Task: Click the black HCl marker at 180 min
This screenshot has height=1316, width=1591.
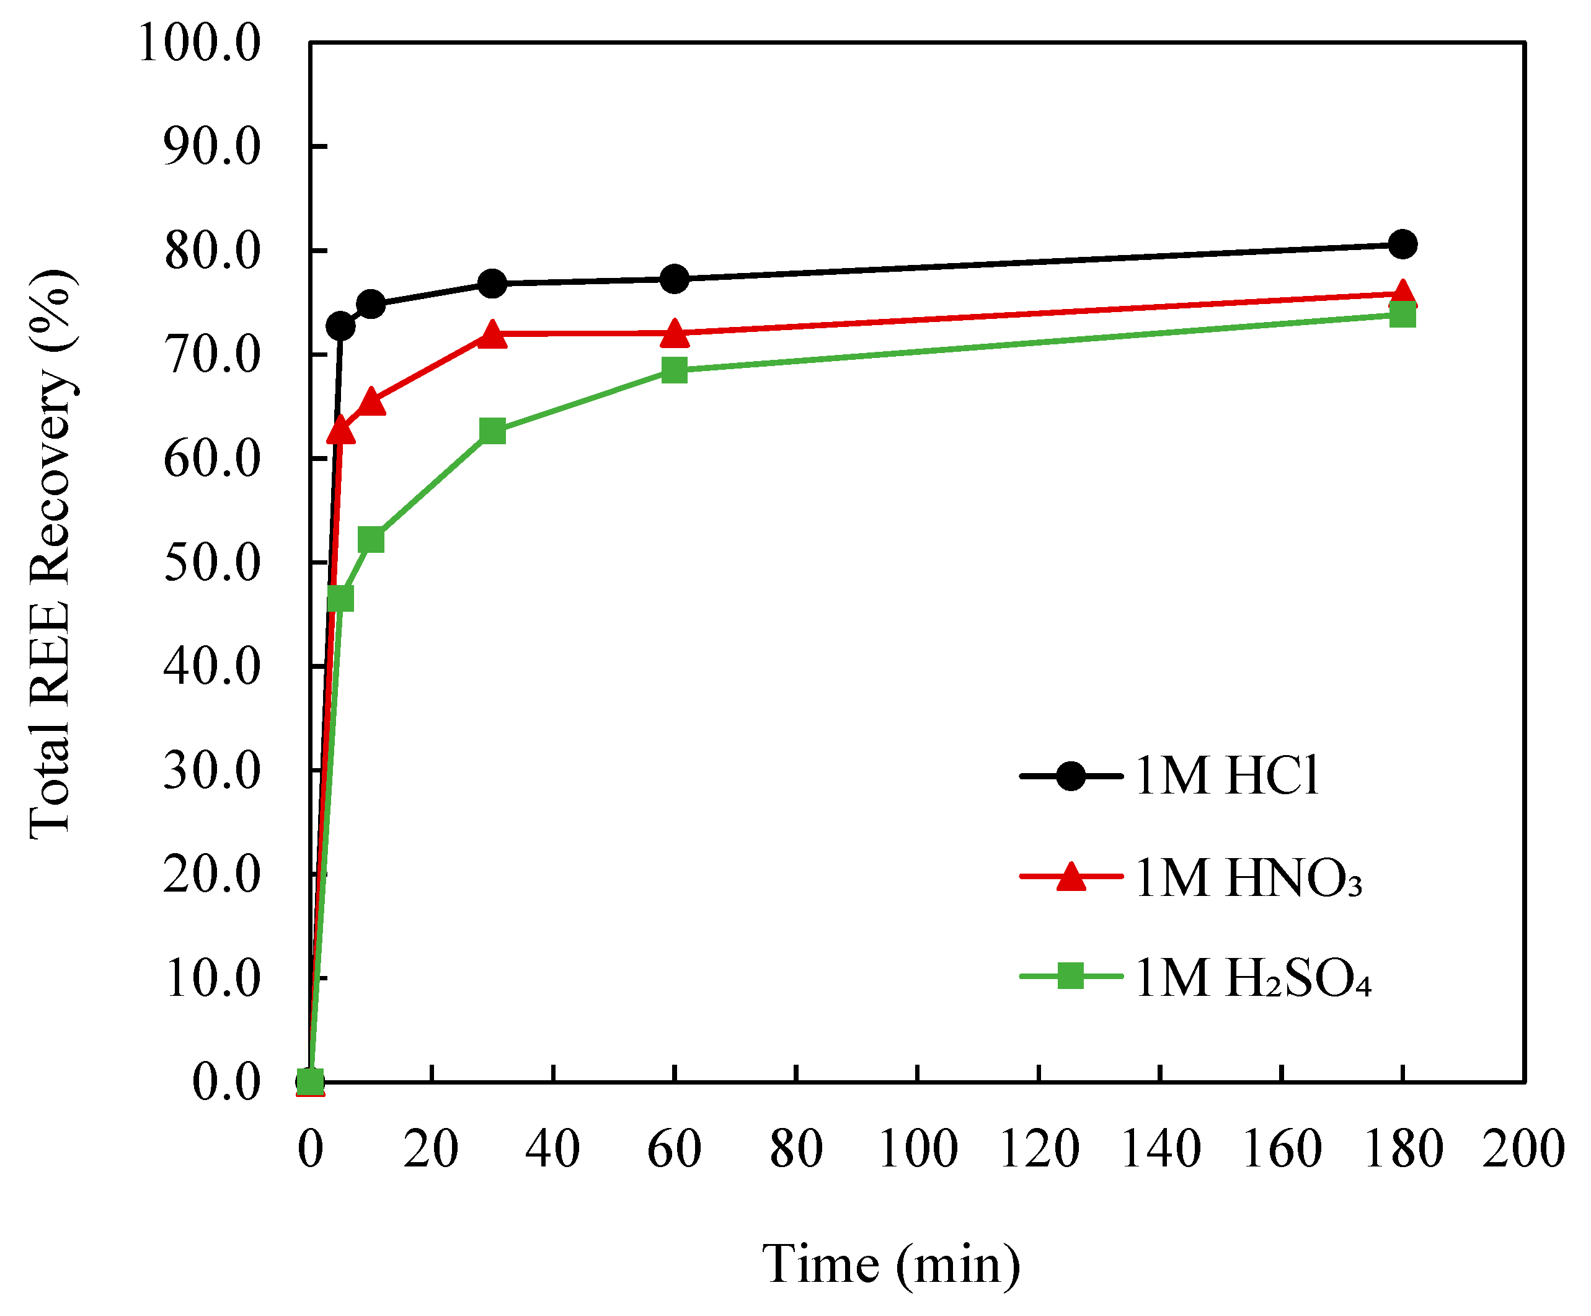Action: (1403, 244)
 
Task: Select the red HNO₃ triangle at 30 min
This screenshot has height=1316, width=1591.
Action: (492, 334)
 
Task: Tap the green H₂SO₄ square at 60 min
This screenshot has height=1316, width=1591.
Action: (674, 370)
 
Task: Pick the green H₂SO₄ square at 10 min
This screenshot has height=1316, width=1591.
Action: (371, 540)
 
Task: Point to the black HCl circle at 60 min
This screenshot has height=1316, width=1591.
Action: (674, 279)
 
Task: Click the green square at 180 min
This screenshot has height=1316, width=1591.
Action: (1403, 314)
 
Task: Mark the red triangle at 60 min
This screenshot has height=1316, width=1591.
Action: (674, 333)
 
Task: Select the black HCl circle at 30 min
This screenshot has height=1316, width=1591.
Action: (492, 284)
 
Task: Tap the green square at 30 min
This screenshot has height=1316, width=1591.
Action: (492, 431)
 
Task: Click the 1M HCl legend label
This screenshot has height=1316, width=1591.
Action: (1227, 776)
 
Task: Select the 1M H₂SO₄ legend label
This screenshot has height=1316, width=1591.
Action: (1253, 978)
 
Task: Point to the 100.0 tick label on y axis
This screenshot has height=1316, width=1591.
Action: (199, 43)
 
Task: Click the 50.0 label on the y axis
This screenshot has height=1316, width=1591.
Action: (212, 563)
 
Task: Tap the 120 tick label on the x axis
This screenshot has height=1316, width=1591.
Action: (1039, 1148)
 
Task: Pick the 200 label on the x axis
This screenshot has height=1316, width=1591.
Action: (1523, 1148)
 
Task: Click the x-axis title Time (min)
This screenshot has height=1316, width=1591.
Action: (891, 1264)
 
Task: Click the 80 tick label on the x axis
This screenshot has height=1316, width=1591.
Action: (795, 1148)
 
